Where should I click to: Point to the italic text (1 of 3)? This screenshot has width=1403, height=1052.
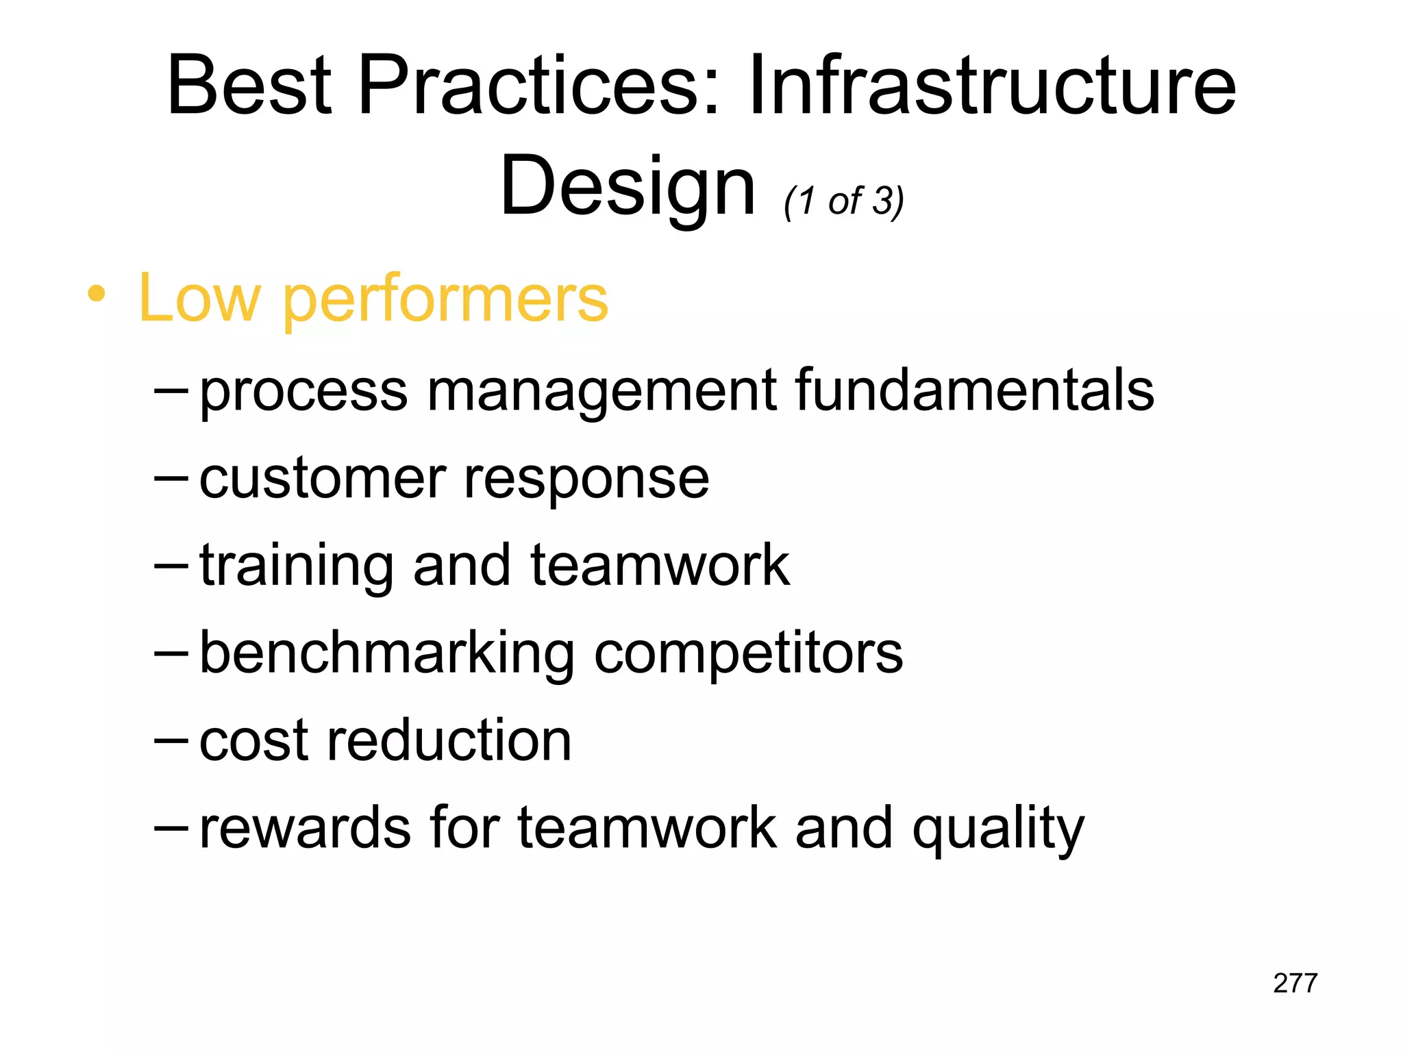(844, 201)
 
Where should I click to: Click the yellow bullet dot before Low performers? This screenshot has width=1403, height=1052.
(97, 295)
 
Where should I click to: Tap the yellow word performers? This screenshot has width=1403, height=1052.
(445, 300)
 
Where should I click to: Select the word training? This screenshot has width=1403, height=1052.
(297, 567)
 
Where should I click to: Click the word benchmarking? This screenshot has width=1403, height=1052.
(387, 654)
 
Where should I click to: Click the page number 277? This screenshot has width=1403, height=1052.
(1295, 983)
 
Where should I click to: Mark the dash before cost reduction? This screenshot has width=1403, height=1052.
(171, 741)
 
